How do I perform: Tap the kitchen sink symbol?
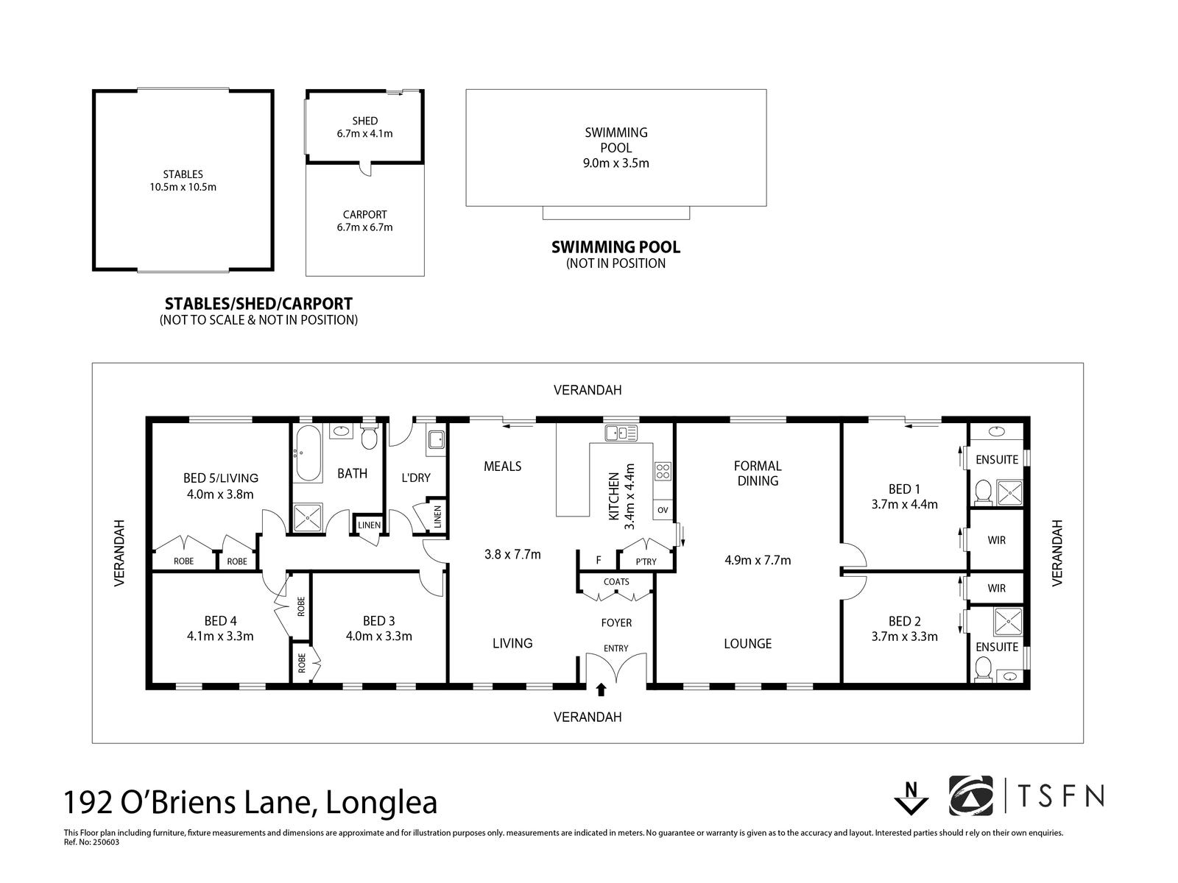tap(621, 433)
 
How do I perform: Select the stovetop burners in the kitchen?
tap(663, 471)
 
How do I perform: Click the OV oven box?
tap(663, 510)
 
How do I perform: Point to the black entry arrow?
tap(601, 689)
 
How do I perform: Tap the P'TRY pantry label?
tap(646, 562)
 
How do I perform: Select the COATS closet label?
tap(616, 582)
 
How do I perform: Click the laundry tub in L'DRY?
tap(436, 440)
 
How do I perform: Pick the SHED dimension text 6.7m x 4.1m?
tap(365, 133)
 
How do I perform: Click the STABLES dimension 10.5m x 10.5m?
tap(183, 187)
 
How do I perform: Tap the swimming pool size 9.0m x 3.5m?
tap(616, 163)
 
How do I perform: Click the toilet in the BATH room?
tap(369, 436)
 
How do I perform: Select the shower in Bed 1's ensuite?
tap(1009, 493)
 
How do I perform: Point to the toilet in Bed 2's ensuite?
tap(983, 670)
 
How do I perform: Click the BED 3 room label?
tap(379, 621)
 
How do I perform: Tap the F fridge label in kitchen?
tap(599, 560)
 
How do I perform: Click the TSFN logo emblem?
tap(971, 796)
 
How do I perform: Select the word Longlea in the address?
tap(381, 803)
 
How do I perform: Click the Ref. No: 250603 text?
tap(91, 843)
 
